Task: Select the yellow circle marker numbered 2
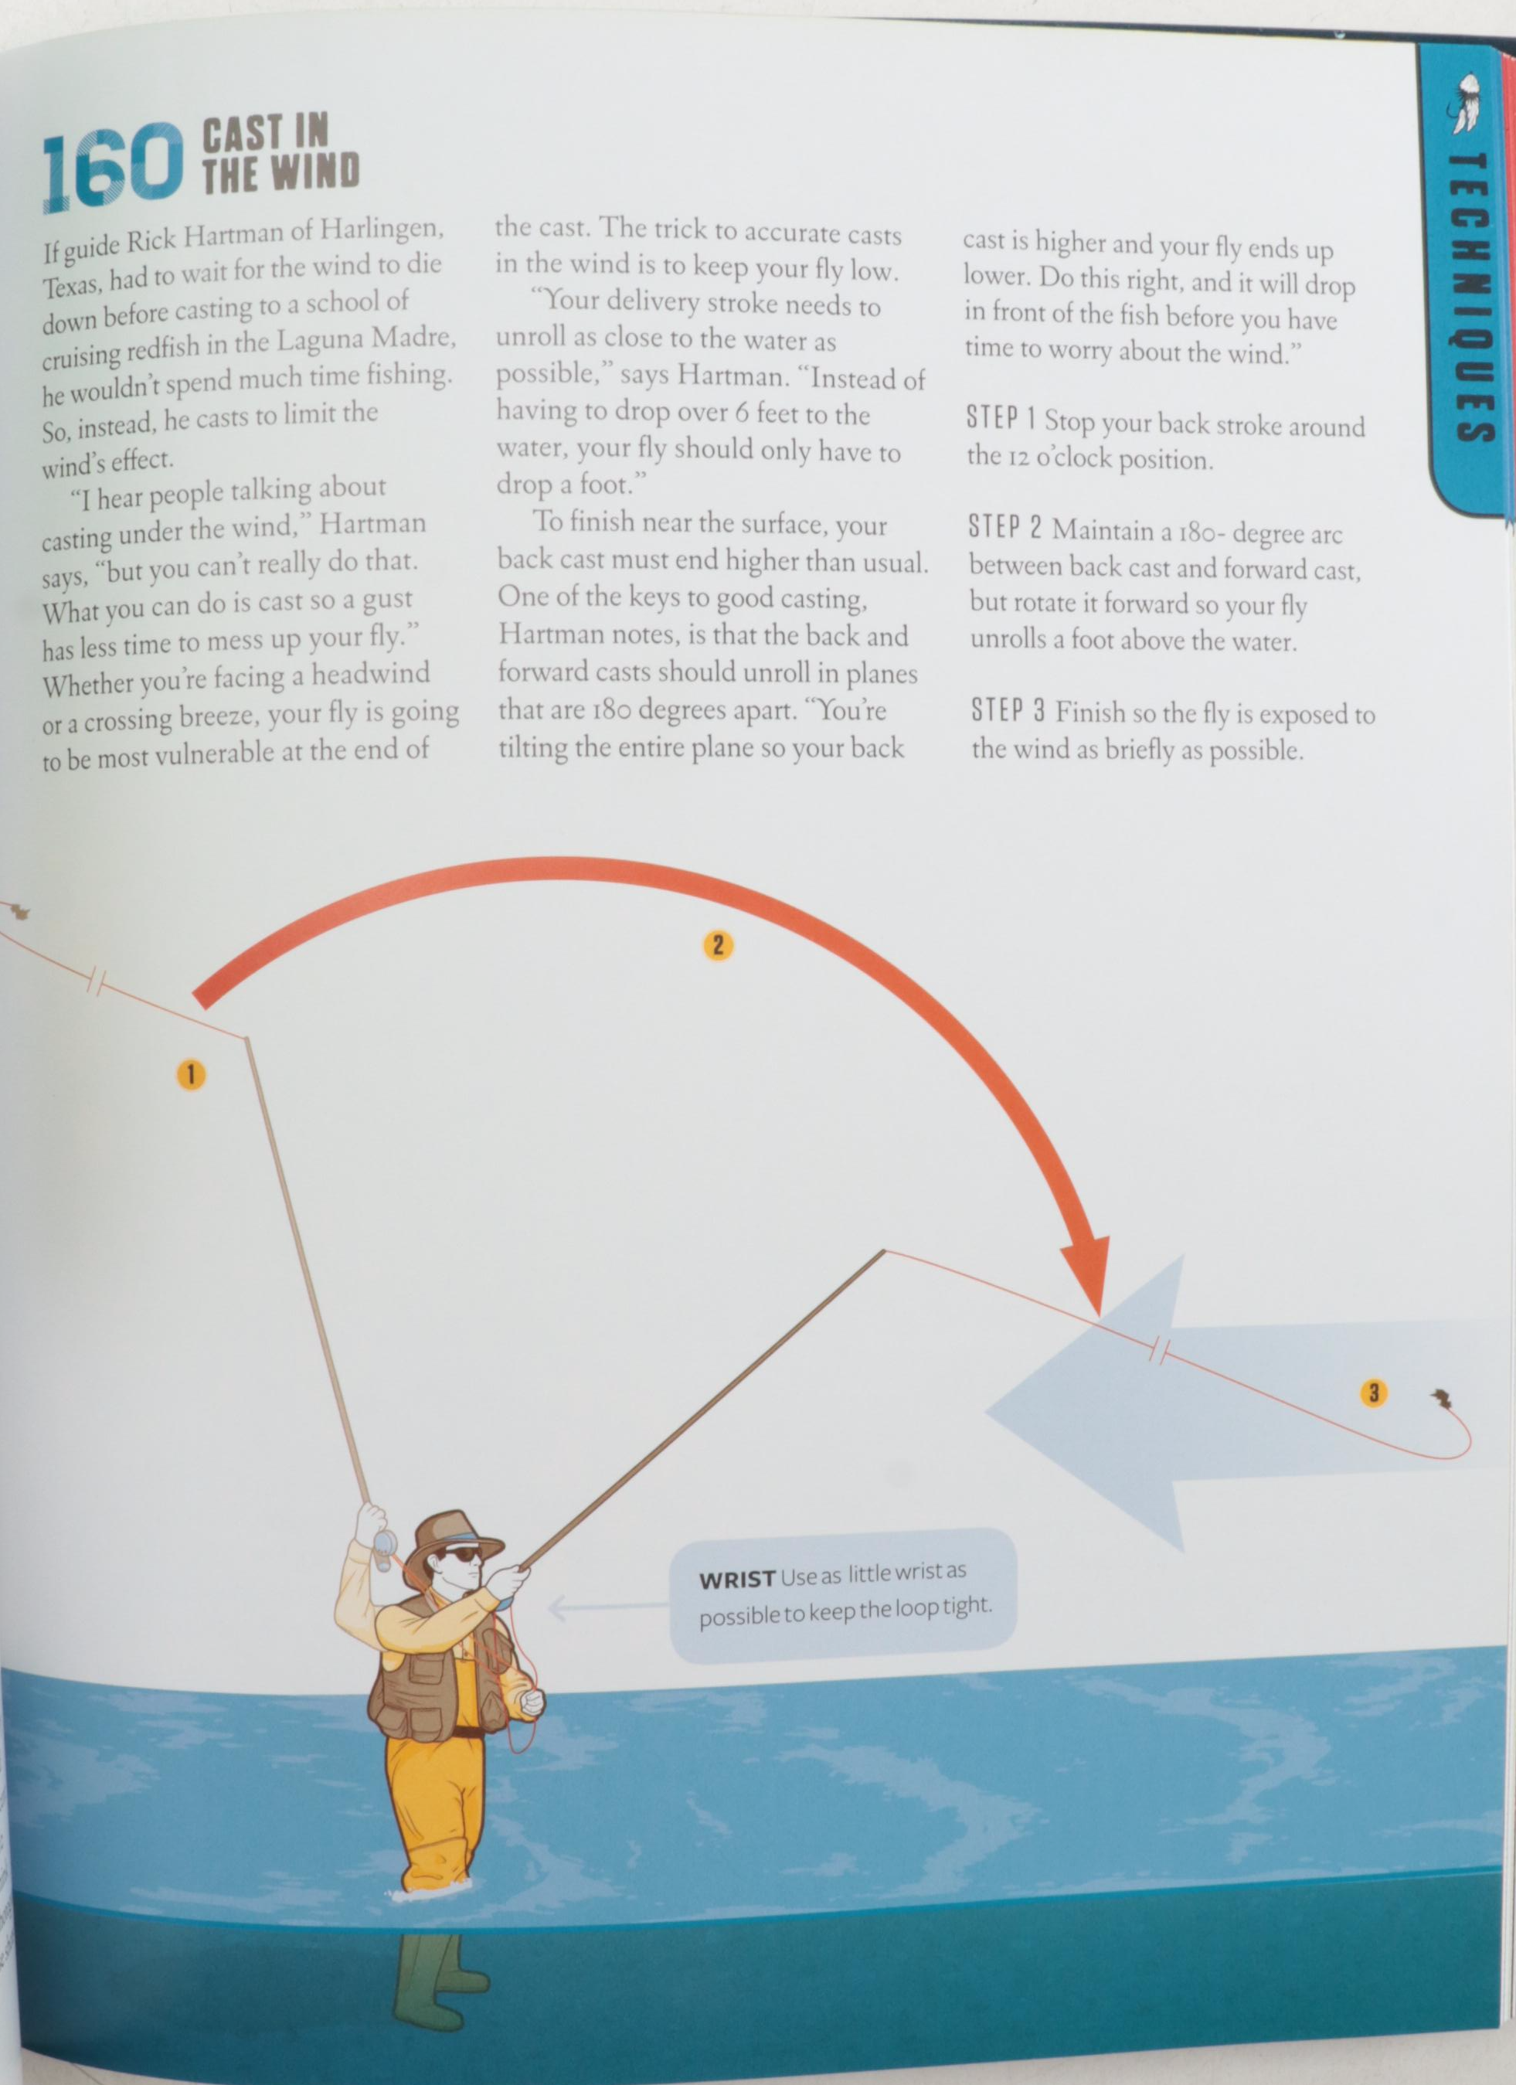[717, 945]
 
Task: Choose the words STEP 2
[1004, 529]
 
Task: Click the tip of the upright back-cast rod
[246, 1038]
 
